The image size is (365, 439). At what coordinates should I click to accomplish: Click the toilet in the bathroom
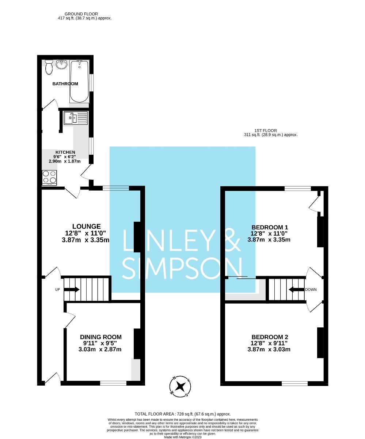point(49,67)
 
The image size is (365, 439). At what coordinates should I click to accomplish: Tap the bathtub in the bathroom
point(79,81)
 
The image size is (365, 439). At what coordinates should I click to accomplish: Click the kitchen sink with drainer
point(76,118)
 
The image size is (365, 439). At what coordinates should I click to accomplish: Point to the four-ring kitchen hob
point(49,178)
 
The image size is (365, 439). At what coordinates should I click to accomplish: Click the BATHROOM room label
point(65,84)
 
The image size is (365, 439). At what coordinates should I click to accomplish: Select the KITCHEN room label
point(65,152)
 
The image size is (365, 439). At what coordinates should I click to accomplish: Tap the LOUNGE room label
point(86,226)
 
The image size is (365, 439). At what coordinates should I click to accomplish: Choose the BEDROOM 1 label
point(269,227)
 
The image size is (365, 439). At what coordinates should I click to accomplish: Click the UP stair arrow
point(72,289)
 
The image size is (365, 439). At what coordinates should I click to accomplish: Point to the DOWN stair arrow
point(297,289)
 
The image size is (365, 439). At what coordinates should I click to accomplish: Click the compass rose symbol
point(180,386)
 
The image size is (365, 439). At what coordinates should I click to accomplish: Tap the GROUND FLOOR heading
point(81,14)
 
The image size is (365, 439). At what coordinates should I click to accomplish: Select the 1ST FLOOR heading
point(266,131)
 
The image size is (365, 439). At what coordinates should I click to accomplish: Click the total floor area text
point(183,414)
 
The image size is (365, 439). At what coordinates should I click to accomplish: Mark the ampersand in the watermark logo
point(232,240)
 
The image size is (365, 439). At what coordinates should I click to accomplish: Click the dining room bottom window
point(113,383)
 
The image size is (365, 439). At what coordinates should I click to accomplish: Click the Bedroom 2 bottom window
point(294,383)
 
